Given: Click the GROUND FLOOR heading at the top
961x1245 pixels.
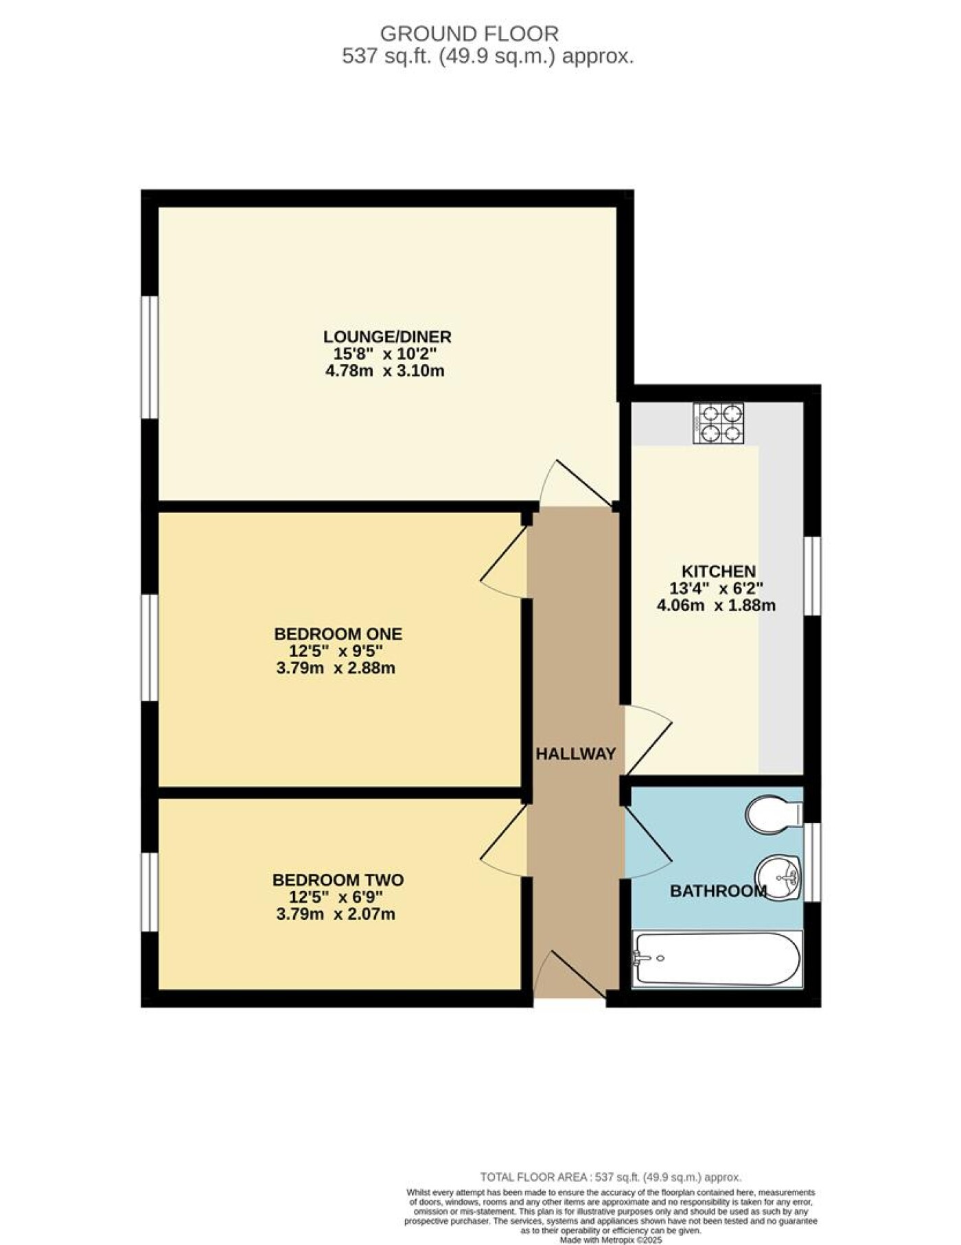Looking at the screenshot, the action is tap(470, 33).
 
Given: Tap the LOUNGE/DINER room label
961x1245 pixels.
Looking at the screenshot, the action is tap(388, 337).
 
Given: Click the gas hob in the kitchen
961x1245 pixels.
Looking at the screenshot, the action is tap(719, 423).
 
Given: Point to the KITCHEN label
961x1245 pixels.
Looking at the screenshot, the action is tap(718, 571).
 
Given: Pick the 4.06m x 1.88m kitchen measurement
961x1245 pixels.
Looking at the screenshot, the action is tap(717, 605).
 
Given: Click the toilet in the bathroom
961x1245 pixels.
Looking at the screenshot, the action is tap(774, 814).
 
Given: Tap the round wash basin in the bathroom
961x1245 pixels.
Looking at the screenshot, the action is tap(778, 877).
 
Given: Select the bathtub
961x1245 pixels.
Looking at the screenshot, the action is tap(717, 959).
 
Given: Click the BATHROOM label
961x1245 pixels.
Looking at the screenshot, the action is tap(718, 891).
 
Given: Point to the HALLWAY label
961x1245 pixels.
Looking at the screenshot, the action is tap(575, 754).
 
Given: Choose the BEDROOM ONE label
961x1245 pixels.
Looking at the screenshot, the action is tap(338, 634).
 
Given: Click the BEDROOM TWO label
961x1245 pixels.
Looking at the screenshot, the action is tap(338, 879).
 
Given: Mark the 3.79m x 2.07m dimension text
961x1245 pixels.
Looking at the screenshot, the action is tap(336, 914).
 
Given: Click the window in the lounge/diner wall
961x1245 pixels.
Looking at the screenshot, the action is tap(150, 357).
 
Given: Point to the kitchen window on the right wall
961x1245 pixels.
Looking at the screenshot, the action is tap(812, 576).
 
